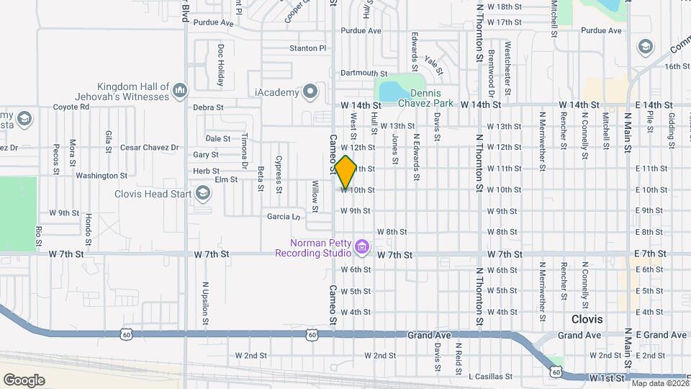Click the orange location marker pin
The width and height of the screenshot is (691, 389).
[x=345, y=171]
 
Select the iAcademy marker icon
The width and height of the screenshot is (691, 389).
[x=310, y=91]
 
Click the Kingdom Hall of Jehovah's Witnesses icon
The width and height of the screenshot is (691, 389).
[x=180, y=91]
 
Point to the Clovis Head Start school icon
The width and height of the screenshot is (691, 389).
[x=204, y=193]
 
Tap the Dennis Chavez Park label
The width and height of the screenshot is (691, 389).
[x=431, y=98]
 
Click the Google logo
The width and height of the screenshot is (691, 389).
[x=24, y=380]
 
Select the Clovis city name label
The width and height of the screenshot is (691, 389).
[x=587, y=318]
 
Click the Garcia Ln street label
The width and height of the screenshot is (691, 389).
[x=283, y=216]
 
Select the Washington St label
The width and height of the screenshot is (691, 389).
[x=101, y=175]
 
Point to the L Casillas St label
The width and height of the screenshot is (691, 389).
[x=489, y=376]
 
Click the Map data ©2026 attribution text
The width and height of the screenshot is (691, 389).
[x=659, y=383]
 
